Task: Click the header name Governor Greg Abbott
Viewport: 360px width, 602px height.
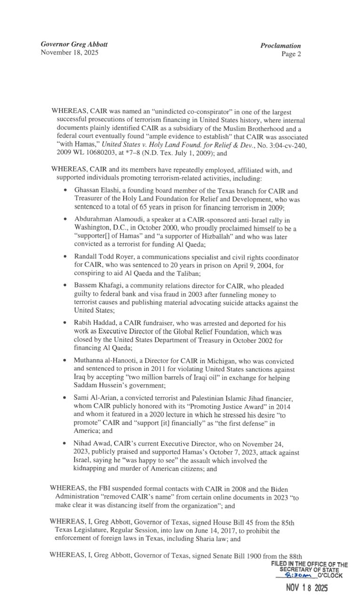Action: [74, 44]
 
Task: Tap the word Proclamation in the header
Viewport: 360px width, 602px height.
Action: [280, 46]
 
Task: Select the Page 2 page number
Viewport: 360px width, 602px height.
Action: [291, 54]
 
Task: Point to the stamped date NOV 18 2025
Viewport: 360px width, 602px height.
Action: [307, 587]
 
